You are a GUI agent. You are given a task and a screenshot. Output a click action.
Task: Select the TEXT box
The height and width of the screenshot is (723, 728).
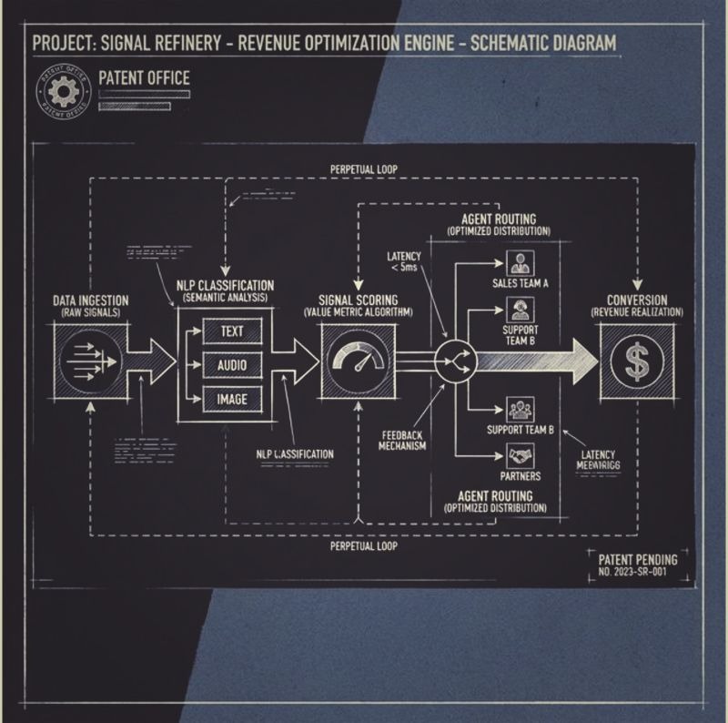tap(232, 331)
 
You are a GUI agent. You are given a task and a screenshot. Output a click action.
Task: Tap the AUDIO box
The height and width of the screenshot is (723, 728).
tap(232, 365)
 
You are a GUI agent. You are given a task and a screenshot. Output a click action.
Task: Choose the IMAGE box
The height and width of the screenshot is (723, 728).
tap(232, 399)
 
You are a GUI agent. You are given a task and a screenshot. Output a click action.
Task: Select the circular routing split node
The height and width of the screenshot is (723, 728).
tap(456, 361)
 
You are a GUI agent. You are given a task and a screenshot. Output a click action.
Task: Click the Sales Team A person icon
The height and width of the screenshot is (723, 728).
tap(521, 264)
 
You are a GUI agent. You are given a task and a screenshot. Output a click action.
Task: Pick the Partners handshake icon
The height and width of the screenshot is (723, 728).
tap(521, 454)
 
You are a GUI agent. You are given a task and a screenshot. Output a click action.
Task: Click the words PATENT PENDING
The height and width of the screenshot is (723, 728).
tap(637, 558)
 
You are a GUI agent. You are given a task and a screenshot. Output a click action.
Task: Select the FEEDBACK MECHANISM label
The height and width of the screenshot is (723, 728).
tap(401, 440)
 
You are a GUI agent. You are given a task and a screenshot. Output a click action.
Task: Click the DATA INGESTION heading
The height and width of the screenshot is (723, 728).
tap(89, 300)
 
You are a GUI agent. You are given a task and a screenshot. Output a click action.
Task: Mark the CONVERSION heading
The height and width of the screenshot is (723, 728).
tap(637, 300)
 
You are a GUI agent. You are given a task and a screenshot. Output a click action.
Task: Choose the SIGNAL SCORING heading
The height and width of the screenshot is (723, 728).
tap(358, 300)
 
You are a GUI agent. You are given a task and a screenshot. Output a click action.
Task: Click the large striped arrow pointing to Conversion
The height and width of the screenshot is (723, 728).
tap(532, 361)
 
